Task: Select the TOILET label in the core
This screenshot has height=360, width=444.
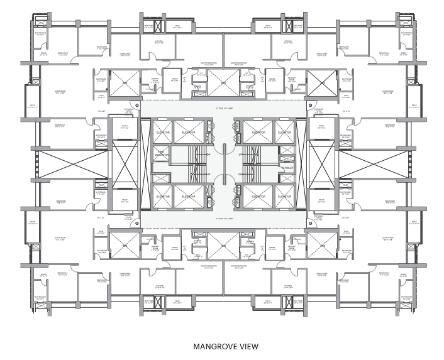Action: [x=288, y=168]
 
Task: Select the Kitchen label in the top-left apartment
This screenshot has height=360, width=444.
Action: [x=159, y=41]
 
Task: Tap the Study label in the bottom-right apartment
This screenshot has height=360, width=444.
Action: [x=321, y=200]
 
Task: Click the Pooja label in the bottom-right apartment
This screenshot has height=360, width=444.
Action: [x=346, y=232]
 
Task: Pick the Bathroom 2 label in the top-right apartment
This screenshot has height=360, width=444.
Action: [x=407, y=34]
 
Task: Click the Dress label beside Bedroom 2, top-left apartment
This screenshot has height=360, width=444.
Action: [x=44, y=54]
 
